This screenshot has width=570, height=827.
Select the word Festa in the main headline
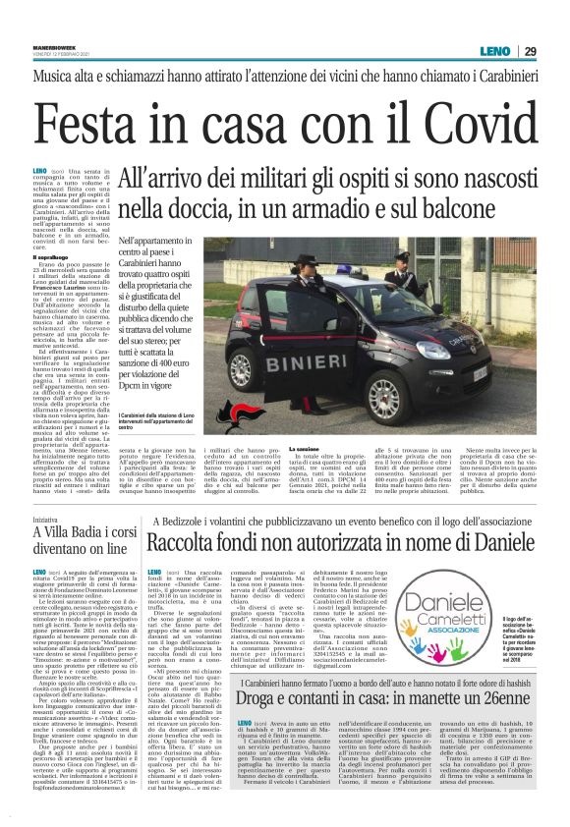tap(108, 125)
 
